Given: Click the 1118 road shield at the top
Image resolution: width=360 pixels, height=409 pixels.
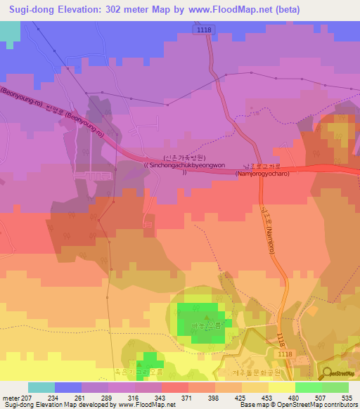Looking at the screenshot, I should pyautogui.click(x=205, y=27).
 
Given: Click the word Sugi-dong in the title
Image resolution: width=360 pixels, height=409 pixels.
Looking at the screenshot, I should pyautogui.click(x=30, y=10).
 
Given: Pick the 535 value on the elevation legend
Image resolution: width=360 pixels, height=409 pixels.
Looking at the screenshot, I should pyautogui.click(x=347, y=397).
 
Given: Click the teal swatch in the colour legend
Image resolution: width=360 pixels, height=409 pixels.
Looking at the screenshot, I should pyautogui.click(x=41, y=387).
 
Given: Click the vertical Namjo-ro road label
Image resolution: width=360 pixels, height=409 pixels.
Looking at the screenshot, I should pyautogui.click(x=266, y=225).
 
